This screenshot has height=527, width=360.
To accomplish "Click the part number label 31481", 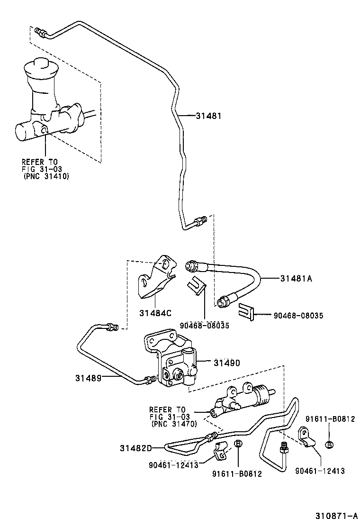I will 208,115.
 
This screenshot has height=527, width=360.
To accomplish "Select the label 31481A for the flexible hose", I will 296,279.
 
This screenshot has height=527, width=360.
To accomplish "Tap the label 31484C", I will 155,313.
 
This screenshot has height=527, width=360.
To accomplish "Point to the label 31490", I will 226,363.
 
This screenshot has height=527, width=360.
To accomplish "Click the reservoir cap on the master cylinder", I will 41,68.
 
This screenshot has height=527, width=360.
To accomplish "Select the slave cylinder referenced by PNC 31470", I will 242,400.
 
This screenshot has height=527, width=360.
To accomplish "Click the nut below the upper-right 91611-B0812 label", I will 328,444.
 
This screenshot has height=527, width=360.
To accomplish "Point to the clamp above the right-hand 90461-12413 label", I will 305,437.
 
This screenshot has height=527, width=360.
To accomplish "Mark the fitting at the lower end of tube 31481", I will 201,221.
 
